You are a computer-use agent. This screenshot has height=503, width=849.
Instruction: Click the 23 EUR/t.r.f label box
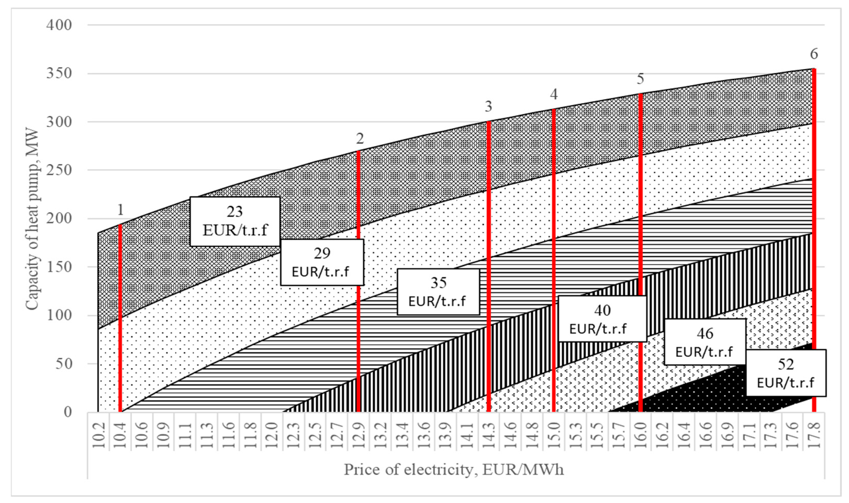235,221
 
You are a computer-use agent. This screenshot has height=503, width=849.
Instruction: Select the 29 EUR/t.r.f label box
322,262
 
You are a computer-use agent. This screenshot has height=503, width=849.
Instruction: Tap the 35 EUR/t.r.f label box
438,292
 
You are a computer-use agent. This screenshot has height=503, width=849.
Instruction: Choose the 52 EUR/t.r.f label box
786,373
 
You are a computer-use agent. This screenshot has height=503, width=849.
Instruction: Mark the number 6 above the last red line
814,54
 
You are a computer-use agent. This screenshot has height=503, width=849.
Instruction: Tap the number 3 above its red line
488,106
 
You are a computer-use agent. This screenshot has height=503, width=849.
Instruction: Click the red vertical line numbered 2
358,281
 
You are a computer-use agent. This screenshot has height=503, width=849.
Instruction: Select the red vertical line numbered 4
554,258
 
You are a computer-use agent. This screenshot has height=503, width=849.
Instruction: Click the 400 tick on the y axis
59,25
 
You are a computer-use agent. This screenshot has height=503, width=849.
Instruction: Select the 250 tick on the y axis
59,170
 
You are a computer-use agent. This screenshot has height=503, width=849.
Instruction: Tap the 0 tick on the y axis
68,412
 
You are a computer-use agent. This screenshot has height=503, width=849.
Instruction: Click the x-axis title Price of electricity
454,469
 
